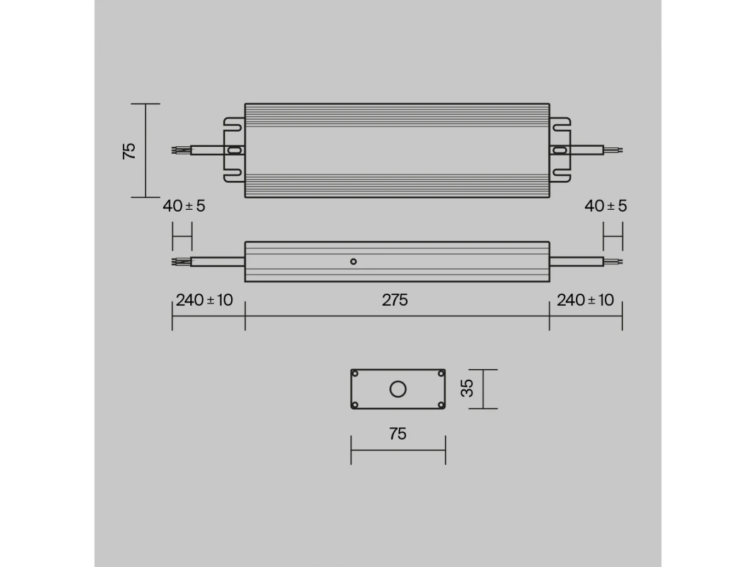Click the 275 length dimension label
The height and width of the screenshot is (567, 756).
pyautogui.click(x=395, y=301)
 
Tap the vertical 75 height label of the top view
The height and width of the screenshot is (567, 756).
pyautogui.click(x=129, y=151)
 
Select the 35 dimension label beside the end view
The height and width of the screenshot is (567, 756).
pyautogui.click(x=467, y=388)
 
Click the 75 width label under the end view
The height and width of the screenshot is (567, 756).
pyautogui.click(x=398, y=434)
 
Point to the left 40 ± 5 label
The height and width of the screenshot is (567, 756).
pyautogui.click(x=184, y=206)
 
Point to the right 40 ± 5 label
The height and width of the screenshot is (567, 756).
pyautogui.click(x=606, y=206)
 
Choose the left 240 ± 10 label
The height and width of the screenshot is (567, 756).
pyautogui.click(x=204, y=301)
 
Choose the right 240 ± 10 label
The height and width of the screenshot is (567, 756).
pyautogui.click(x=585, y=301)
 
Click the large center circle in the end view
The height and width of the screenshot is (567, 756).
pyautogui.click(x=398, y=390)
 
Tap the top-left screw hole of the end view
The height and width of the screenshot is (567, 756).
pyautogui.click(x=355, y=374)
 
